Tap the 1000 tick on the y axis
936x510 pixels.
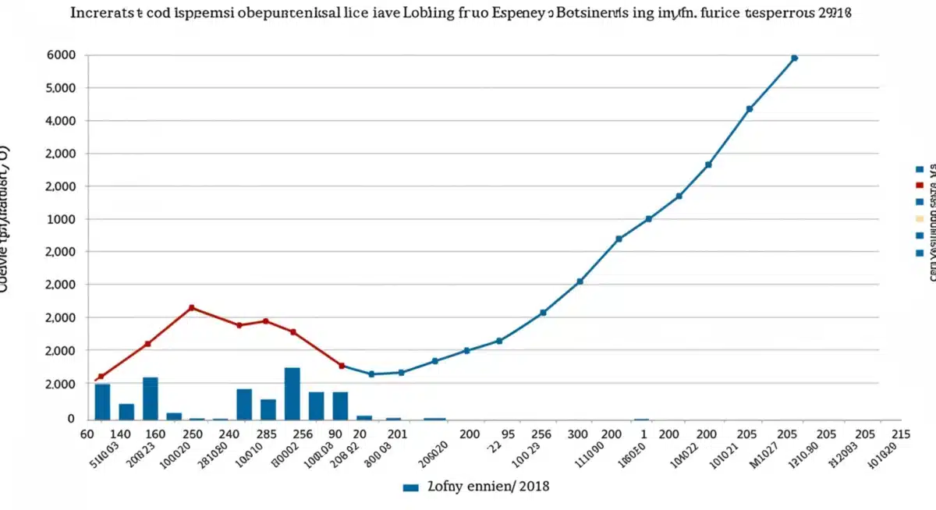tap(62, 219)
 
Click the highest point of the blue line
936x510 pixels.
tap(794, 58)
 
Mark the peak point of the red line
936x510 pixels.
tap(192, 307)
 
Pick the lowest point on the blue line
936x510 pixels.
tap(371, 374)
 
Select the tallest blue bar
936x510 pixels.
tap(292, 393)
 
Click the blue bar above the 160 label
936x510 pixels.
tap(151, 398)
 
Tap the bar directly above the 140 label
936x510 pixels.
tap(126, 411)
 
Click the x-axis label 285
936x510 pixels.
tap(268, 435)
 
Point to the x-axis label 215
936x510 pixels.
tap(900, 435)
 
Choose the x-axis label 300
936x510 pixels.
tap(577, 435)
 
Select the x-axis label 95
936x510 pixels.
tap(507, 435)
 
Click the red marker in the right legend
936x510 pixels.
tap(920, 186)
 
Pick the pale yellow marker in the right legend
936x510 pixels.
tap(920, 219)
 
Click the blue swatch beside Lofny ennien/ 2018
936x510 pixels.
tap(411, 487)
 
